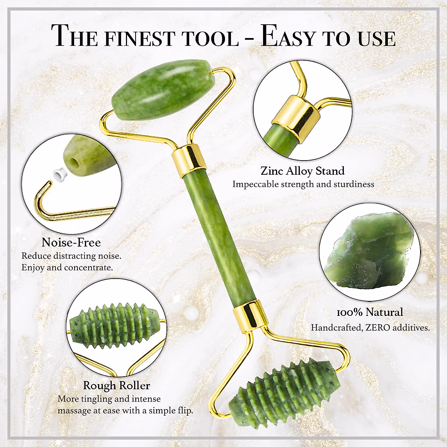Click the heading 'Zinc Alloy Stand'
click(x=302, y=171)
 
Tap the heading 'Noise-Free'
click(x=71, y=242)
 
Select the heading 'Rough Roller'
click(x=116, y=385)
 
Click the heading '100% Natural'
click(x=370, y=312)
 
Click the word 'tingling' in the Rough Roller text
click(x=95, y=399)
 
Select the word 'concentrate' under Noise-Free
click(x=88, y=268)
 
